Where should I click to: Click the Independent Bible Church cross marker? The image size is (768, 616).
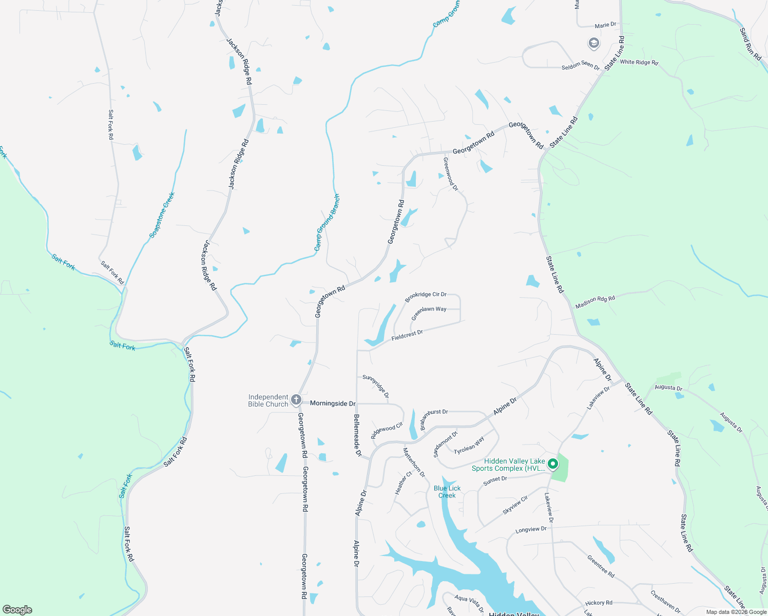coord(296,400)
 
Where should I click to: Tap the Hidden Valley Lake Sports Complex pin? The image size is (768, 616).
coord(553,464)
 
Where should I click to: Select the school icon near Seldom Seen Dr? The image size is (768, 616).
coord(594,43)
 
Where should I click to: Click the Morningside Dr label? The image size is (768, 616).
coord(333,403)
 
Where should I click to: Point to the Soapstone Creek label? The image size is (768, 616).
coord(162,215)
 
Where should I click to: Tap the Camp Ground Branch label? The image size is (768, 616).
coord(327,223)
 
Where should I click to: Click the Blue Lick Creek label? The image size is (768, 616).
coord(447,492)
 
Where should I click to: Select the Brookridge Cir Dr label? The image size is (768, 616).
coord(426,296)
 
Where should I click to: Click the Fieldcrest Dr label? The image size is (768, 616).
coord(407,336)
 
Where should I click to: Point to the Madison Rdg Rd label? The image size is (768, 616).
coord(595,301)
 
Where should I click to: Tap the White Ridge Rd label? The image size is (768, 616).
coord(639,62)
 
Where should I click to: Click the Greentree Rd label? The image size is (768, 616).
coord(601,566)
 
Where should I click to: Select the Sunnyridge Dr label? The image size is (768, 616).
coord(376,386)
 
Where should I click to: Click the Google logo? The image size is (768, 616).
coord(17,610)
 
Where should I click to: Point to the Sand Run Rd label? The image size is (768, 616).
coord(750,44)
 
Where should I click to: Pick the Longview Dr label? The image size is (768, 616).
coord(531,529)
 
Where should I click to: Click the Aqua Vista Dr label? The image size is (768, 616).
coord(469,603)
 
